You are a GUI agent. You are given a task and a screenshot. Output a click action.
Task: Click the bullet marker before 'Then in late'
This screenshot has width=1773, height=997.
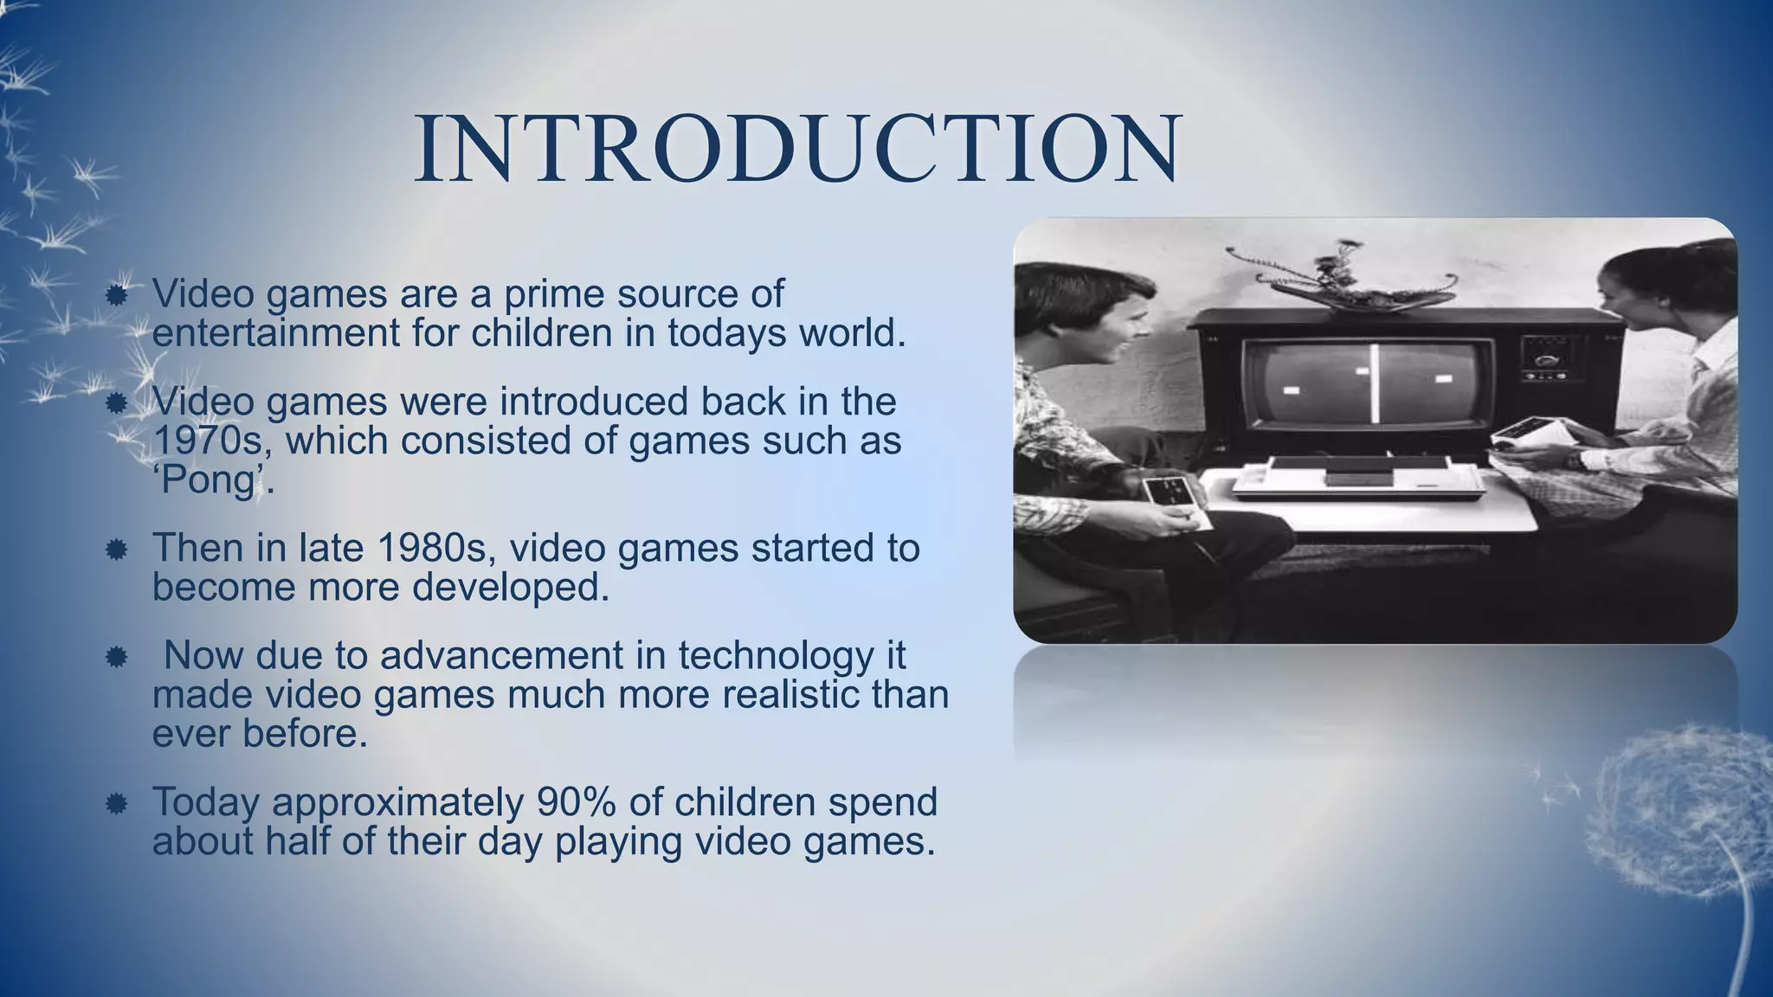click(117, 550)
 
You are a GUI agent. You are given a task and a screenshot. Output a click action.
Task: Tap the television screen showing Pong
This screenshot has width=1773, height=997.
click(1368, 385)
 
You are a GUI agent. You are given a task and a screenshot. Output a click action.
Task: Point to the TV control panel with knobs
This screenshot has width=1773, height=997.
click(1554, 359)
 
